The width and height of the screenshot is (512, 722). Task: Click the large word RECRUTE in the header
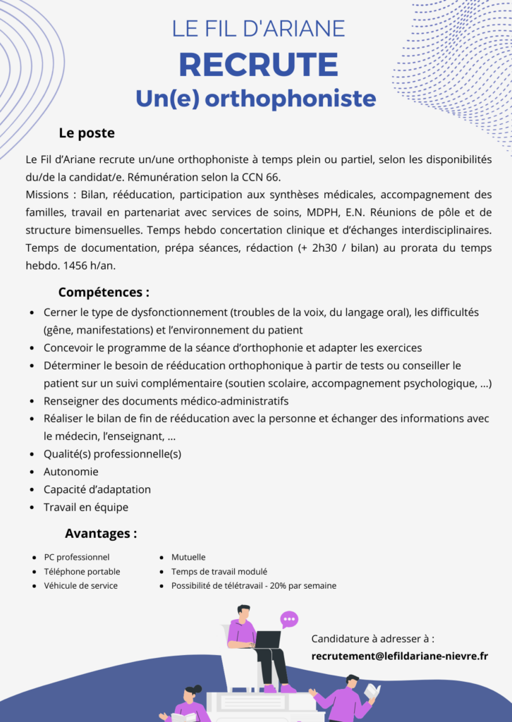258,64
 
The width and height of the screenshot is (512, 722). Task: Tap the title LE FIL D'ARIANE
258,28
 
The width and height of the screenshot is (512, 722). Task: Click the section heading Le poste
87,133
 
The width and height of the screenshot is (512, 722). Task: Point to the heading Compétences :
104,292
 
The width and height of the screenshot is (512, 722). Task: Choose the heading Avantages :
101,533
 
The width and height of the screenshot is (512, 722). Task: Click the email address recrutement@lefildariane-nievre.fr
399,656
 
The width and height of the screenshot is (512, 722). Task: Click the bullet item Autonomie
71,472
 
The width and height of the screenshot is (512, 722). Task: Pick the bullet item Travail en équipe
86,507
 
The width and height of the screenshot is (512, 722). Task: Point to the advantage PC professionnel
77,557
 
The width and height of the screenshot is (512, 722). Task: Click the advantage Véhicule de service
81,585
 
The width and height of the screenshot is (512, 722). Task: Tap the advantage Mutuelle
188,557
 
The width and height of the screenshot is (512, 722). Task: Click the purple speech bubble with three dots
289,620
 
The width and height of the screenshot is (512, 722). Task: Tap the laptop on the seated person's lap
267,639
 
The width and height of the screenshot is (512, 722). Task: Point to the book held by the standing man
372,692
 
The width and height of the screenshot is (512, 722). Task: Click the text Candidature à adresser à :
372,639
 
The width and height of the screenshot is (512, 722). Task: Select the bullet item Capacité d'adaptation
97,489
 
